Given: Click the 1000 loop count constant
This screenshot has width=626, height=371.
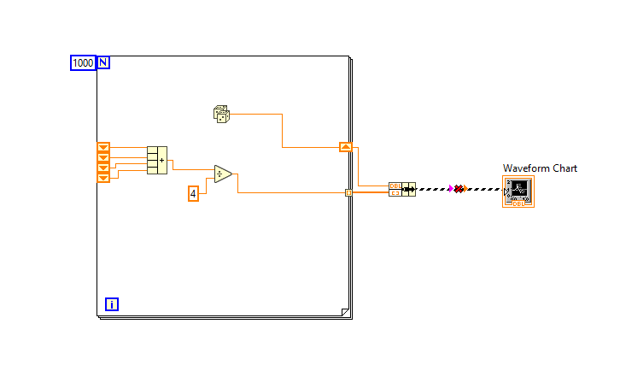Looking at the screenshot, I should (82, 62).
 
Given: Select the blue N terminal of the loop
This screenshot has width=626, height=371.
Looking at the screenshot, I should (103, 62).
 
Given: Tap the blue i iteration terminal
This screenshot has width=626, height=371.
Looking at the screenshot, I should (112, 303).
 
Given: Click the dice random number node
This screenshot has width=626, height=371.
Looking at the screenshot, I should (221, 113).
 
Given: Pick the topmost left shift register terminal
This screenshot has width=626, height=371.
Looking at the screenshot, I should (103, 147).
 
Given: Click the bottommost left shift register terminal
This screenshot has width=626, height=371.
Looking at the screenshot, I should (103, 178).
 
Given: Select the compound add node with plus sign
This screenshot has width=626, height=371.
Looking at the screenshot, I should (156, 160).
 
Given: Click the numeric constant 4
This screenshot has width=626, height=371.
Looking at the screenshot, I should (193, 194).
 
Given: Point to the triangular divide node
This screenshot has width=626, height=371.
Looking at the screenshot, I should (222, 174).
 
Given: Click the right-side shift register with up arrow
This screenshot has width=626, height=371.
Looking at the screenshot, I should (345, 147).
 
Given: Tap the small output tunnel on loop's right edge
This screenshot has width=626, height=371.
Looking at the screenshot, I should (348, 192).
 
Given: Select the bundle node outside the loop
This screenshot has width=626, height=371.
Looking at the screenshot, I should (401, 189).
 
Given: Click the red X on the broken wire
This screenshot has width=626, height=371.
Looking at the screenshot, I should (459, 189).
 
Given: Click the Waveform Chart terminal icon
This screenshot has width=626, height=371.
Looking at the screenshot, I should (518, 192).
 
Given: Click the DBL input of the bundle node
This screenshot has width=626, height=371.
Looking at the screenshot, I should (395, 185).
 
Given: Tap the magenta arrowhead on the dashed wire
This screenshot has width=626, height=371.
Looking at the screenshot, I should (450, 189).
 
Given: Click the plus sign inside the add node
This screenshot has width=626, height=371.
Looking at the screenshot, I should (162, 160).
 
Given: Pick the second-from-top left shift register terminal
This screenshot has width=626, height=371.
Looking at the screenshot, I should (103, 157).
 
